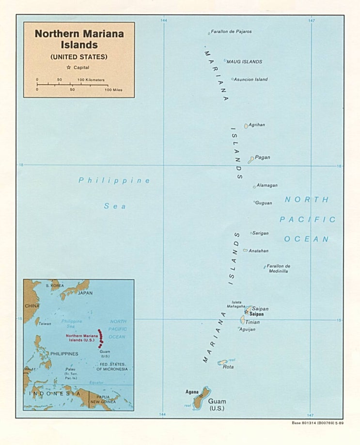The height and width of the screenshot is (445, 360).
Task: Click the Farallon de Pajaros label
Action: (231, 32)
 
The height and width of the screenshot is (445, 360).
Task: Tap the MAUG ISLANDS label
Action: (244, 62)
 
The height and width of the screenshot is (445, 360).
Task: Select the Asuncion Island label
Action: (250, 79)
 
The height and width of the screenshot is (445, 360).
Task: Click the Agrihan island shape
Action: (246, 126)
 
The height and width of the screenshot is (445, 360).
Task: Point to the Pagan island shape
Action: (251, 159)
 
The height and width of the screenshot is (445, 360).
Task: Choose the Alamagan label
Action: (267, 185)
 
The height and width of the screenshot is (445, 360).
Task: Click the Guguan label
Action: (264, 203)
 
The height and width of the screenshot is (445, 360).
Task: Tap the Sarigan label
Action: (260, 233)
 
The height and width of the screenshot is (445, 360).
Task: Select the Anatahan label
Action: (258, 251)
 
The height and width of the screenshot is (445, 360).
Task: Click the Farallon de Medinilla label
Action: (278, 269)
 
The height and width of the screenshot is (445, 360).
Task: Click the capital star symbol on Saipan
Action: (246, 312)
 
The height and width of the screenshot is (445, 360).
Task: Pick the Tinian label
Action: (252, 322)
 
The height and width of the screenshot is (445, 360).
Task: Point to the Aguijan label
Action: (248, 330)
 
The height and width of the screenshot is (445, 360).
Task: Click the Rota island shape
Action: (222, 362)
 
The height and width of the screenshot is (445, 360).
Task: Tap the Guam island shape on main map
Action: (201, 399)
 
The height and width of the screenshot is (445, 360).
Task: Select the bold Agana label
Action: (192, 392)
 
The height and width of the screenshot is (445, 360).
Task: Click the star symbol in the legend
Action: (69, 68)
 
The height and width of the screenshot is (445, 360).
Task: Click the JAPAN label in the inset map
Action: (85, 293)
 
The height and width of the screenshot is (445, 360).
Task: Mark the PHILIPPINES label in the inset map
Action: (64, 354)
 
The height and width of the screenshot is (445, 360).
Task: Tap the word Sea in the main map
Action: (115, 206)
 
